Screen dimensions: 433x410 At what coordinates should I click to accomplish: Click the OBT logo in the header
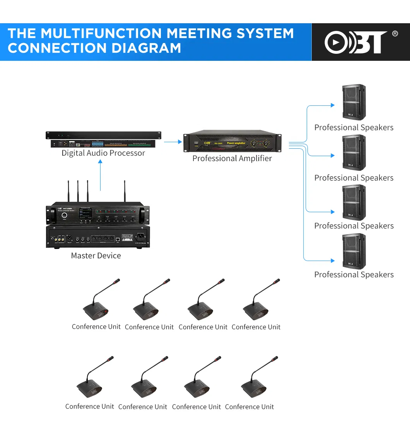pyautogui.click(x=355, y=42)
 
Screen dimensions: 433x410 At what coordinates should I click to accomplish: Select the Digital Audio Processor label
pyautogui.click(x=103, y=153)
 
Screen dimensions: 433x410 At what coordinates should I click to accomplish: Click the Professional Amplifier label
pyautogui.click(x=232, y=158)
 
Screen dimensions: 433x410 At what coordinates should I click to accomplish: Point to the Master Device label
pyautogui.click(x=96, y=256)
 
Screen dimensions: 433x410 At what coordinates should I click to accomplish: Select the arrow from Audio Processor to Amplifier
pyautogui.click(x=173, y=142)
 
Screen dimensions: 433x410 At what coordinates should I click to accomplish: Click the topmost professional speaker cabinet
pyautogui.click(x=354, y=102)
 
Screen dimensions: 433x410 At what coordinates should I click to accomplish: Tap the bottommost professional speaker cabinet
pyautogui.click(x=354, y=251)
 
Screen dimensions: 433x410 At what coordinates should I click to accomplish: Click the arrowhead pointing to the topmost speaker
pyautogui.click(x=332, y=105)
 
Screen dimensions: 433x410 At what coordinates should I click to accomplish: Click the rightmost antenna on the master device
pyautogui.click(x=125, y=191)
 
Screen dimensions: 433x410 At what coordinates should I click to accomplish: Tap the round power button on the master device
pyautogui.click(x=64, y=215)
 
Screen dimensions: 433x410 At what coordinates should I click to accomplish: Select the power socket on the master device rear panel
pyautogui.click(x=140, y=236)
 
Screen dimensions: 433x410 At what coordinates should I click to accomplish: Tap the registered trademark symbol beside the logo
pyautogui.click(x=395, y=34)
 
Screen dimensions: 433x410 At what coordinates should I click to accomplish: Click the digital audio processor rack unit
pyautogui.click(x=103, y=139)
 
